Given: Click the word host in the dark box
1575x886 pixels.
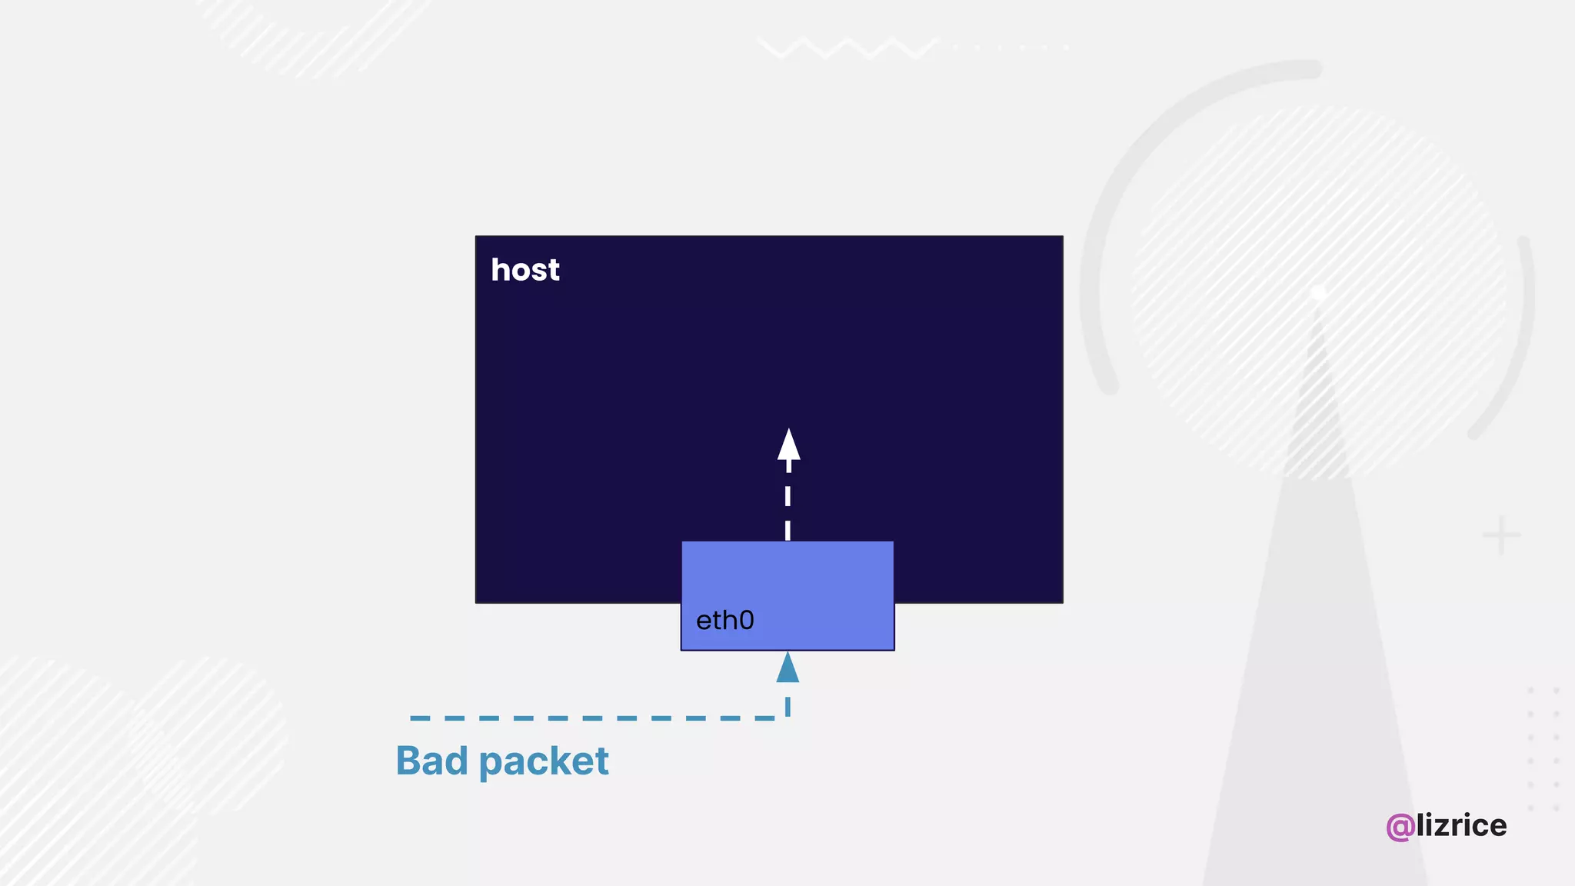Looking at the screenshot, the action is (525, 270).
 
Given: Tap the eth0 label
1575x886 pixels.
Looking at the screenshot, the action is (724, 620).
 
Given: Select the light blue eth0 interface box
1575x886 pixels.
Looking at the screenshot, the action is (787, 585).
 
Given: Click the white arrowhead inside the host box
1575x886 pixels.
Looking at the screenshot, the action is (788, 445).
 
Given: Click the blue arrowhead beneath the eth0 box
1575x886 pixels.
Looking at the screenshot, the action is (787, 668).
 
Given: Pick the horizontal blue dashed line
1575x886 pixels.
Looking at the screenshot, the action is (592, 718).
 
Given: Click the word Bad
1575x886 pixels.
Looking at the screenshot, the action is (431, 761).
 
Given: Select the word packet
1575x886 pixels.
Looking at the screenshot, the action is (544, 762).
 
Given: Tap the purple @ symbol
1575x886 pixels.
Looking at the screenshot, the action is (1400, 827).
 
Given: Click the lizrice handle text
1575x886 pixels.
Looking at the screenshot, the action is (1461, 825).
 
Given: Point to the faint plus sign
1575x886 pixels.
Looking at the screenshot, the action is (1501, 535).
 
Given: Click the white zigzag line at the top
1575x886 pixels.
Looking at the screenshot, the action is (846, 48).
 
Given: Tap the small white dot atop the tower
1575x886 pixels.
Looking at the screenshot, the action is (1318, 293).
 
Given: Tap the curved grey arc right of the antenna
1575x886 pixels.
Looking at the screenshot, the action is (1519, 346).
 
